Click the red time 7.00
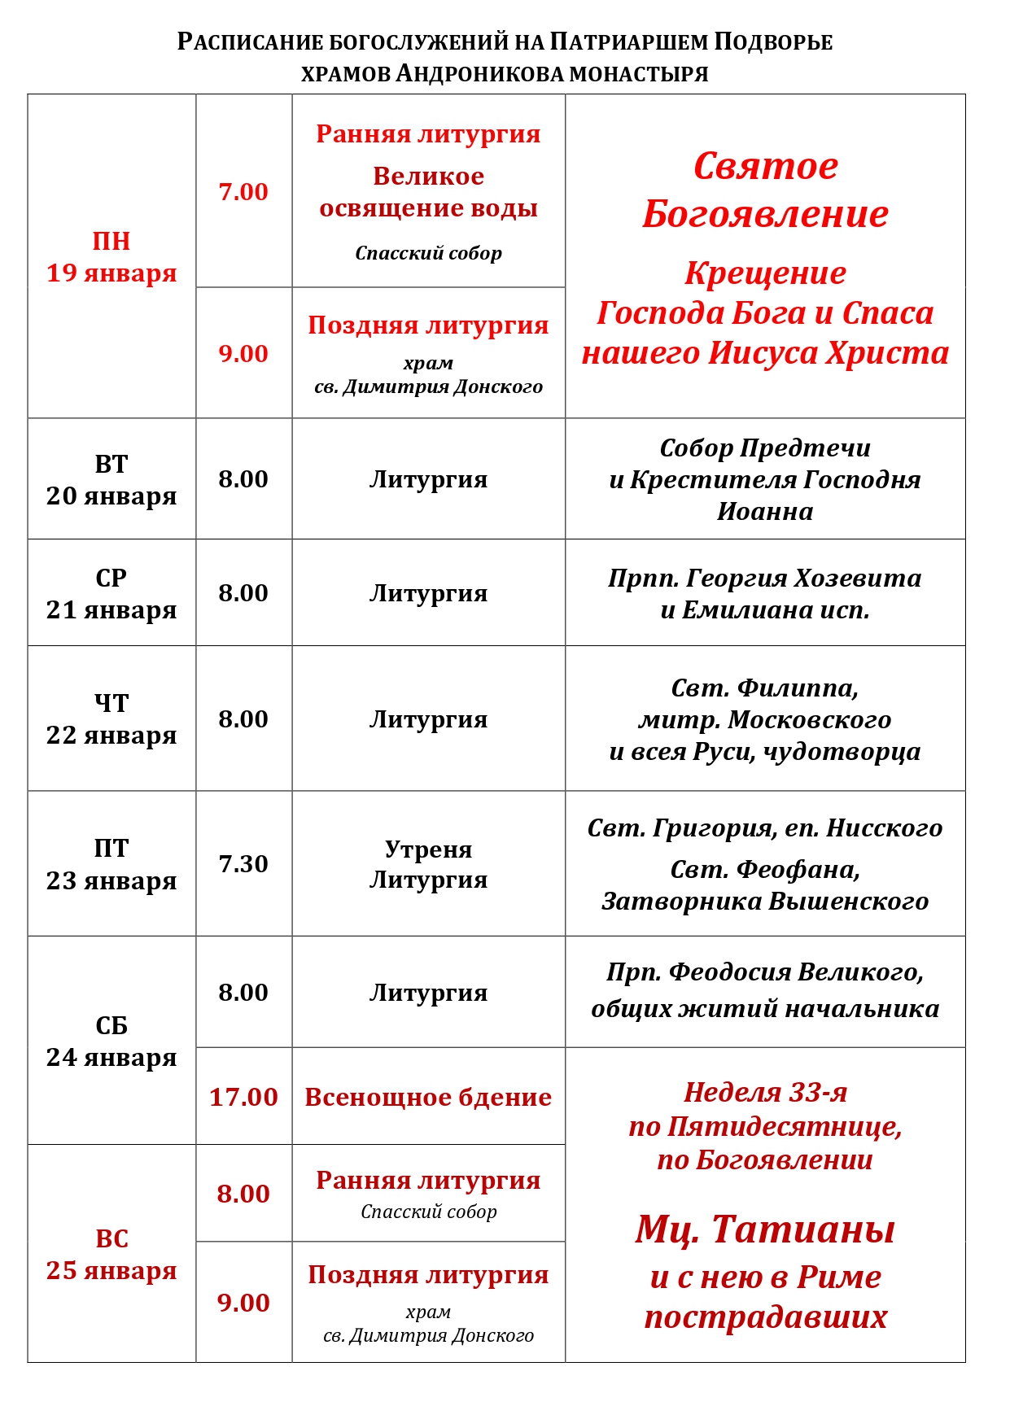(x=243, y=192)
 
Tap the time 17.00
(x=243, y=1097)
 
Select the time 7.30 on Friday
(x=243, y=863)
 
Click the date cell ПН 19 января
(x=111, y=257)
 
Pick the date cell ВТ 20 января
(x=111, y=479)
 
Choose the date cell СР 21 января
(x=111, y=593)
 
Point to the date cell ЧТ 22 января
(x=111, y=718)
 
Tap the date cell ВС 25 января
(x=111, y=1254)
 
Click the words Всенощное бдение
(x=428, y=1097)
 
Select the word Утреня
(x=428, y=849)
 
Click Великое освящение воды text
(x=428, y=192)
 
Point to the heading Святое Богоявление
(x=765, y=190)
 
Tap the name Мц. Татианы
(x=765, y=1229)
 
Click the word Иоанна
(x=765, y=511)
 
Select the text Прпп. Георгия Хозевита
(x=765, y=578)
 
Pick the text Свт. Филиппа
(x=765, y=688)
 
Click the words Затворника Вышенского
(x=765, y=901)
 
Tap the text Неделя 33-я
(x=765, y=1092)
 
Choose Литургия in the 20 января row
(x=428, y=479)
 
